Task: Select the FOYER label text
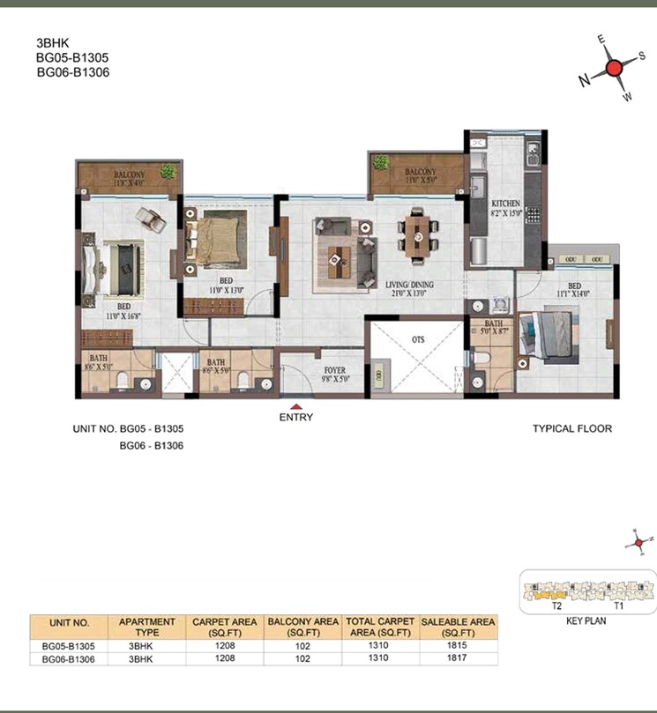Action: (333, 370)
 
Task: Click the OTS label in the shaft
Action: (418, 338)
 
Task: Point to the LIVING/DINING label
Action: (408, 285)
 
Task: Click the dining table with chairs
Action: (416, 234)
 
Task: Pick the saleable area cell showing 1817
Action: (459, 657)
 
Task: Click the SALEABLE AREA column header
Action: (459, 627)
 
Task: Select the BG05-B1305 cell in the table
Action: (67, 645)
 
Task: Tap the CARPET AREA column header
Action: (226, 627)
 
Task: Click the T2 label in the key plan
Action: (557, 606)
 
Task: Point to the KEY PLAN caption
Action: (586, 620)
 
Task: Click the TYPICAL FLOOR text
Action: (572, 429)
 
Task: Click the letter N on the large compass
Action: (584, 80)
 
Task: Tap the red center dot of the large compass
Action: (616, 70)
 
